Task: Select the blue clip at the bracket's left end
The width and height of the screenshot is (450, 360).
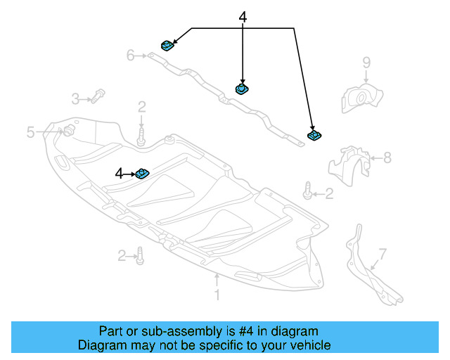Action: coord(168,46)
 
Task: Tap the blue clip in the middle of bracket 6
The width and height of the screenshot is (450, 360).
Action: coord(242,89)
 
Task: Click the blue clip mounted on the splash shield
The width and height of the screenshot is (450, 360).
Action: coord(143,173)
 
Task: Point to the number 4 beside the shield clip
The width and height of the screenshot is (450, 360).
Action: coord(120,172)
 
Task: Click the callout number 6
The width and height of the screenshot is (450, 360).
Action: coord(130,55)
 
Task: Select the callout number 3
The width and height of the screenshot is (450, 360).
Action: coord(75,98)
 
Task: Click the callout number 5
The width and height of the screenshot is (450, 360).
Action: coord(31,131)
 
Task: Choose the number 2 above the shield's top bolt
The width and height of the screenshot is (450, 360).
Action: coord(141,107)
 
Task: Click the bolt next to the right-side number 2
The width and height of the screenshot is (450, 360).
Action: coord(307,189)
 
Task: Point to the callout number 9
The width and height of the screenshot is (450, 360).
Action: coord(366,63)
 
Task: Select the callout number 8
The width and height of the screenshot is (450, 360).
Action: coord(387,158)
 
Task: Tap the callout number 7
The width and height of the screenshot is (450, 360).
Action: coord(382,252)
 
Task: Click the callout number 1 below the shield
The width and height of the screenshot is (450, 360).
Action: coord(217,296)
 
